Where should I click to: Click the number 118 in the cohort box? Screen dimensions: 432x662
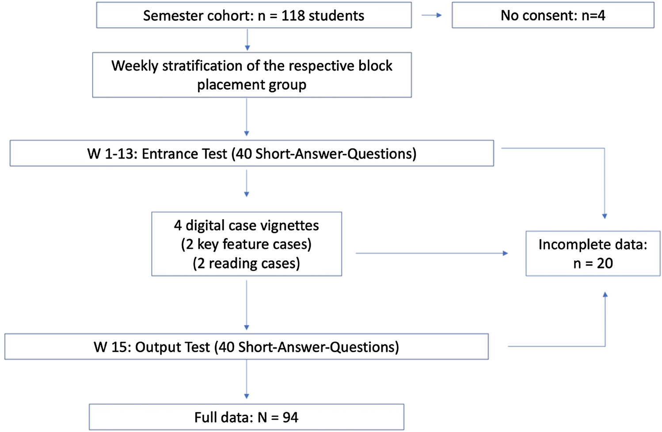293,16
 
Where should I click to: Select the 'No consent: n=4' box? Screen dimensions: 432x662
552,15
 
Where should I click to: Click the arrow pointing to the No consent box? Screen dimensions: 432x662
432,15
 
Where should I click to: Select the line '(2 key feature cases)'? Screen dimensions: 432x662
246,244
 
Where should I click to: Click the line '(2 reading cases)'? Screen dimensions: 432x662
246,263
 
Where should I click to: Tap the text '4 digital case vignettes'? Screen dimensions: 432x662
246,225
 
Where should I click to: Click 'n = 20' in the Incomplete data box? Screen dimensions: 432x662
593,263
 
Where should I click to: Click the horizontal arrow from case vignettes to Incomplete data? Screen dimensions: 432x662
431,253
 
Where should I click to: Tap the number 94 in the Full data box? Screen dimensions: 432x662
290,417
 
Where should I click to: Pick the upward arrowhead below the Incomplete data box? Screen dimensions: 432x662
605,295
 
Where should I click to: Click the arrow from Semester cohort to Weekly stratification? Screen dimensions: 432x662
247,40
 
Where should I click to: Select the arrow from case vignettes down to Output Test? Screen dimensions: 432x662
247,305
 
